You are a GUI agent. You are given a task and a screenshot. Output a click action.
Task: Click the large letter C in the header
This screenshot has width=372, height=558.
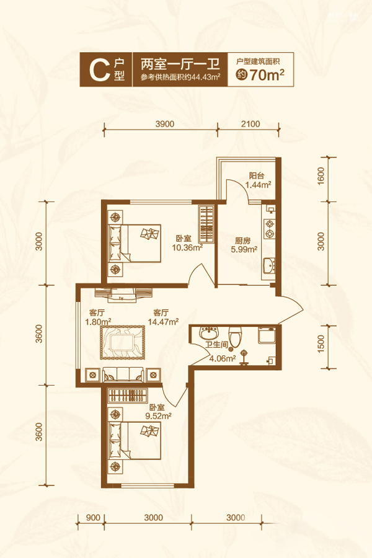click(99, 70)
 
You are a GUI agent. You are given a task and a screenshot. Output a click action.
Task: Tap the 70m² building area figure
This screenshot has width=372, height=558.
click(267, 74)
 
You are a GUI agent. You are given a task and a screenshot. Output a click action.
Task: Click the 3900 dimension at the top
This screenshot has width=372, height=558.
click(165, 124)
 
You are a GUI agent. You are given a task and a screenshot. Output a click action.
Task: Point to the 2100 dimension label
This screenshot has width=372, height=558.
click(250, 124)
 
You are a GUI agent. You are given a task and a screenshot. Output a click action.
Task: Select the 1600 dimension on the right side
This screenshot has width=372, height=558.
click(321, 176)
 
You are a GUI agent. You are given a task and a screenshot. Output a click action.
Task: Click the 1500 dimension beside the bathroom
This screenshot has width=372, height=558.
click(321, 343)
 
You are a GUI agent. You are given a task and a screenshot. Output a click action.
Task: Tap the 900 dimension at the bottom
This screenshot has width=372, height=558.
click(93, 518)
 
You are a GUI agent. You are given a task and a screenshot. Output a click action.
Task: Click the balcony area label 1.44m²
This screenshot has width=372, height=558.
click(259, 185)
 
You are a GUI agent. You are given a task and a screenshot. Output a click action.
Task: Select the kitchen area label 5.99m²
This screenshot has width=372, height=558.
click(244, 249)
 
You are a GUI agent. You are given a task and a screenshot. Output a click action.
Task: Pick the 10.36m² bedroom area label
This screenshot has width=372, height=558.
click(187, 247)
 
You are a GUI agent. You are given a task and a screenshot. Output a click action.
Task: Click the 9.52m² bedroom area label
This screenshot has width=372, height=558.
click(159, 415)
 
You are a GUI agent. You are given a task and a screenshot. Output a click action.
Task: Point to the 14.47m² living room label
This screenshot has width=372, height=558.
click(163, 322)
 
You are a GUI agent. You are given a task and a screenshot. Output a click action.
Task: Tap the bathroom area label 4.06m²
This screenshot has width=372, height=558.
click(223, 358)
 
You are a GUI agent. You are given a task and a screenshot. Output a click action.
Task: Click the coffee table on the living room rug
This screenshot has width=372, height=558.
click(123, 343)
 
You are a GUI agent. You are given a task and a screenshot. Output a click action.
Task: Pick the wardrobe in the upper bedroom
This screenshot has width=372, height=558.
click(206, 224)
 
